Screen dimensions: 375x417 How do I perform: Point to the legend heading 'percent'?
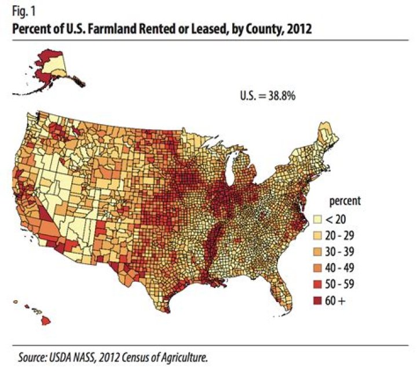(x=345, y=202)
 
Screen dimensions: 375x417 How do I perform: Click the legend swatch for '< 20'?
(x=318, y=220)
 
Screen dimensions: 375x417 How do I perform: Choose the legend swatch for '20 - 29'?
(x=318, y=236)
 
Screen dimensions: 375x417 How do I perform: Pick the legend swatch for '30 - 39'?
(x=318, y=252)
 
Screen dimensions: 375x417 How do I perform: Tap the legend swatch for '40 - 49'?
(x=318, y=268)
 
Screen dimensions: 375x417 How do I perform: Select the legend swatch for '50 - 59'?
(x=318, y=285)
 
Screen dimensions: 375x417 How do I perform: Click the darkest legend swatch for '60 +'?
(x=318, y=301)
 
